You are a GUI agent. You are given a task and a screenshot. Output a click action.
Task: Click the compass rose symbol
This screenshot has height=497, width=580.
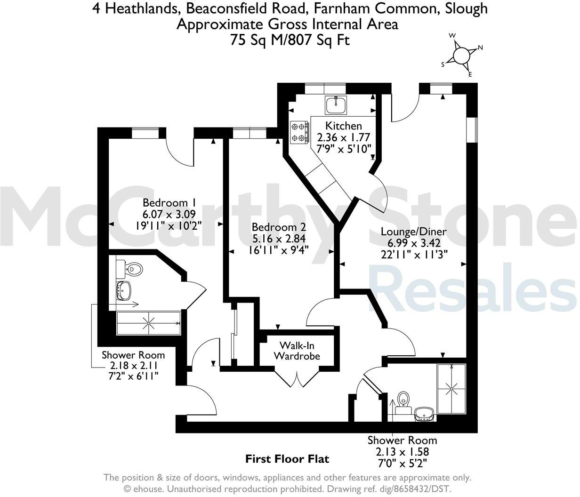point(461,55)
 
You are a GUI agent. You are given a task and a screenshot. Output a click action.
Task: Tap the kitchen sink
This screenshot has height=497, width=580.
point(336,104)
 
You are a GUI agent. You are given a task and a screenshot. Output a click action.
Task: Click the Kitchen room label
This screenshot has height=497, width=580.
point(344,126)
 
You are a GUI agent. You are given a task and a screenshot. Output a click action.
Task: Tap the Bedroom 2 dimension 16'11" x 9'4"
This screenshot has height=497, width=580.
point(279,250)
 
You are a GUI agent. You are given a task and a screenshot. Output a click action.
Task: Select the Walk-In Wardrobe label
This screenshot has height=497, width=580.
point(297,351)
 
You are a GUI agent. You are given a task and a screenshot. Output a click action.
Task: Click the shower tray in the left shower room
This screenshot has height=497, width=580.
point(149,323)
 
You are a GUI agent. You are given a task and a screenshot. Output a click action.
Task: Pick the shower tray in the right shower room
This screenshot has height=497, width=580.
point(451,389)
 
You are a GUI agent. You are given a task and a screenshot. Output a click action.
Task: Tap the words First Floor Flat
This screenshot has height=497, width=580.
point(287,458)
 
